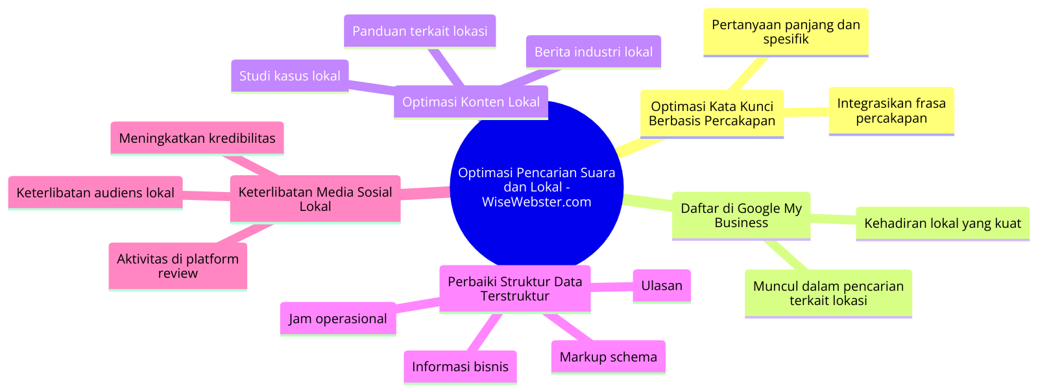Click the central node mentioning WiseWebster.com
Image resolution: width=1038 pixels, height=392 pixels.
[x=537, y=187]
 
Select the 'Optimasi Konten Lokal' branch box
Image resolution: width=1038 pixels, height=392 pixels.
[x=470, y=102]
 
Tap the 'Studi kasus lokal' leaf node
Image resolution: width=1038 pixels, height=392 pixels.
[x=289, y=76]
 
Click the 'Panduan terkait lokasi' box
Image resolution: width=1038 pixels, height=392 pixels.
[x=419, y=31]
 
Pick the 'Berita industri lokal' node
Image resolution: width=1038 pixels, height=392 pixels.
[x=593, y=52]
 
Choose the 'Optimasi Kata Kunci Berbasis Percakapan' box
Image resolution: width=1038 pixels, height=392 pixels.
[x=712, y=114]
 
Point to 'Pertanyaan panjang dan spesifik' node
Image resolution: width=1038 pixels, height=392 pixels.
[x=785, y=32]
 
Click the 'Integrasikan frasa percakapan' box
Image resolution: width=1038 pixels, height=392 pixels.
[x=891, y=111]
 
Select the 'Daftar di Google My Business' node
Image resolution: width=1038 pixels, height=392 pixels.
[x=741, y=215]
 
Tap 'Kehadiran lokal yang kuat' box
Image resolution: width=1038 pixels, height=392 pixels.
[x=942, y=223]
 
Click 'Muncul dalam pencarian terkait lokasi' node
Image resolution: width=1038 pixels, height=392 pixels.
[x=828, y=293]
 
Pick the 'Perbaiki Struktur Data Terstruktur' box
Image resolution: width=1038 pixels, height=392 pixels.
[x=514, y=289]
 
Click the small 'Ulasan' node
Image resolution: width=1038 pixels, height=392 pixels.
[x=661, y=286]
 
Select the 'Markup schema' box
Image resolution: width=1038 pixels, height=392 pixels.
[x=608, y=357]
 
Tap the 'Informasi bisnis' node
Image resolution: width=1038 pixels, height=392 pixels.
[x=460, y=367]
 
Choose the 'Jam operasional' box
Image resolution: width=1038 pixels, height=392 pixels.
[x=337, y=319]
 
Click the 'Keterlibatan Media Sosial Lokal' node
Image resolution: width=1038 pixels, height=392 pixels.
[x=315, y=199]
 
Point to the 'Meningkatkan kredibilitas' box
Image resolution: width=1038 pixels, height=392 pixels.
[x=197, y=138]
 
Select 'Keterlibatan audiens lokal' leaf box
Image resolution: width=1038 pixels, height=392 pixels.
[x=95, y=193]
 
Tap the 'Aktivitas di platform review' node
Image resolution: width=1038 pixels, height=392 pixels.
[x=177, y=266]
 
